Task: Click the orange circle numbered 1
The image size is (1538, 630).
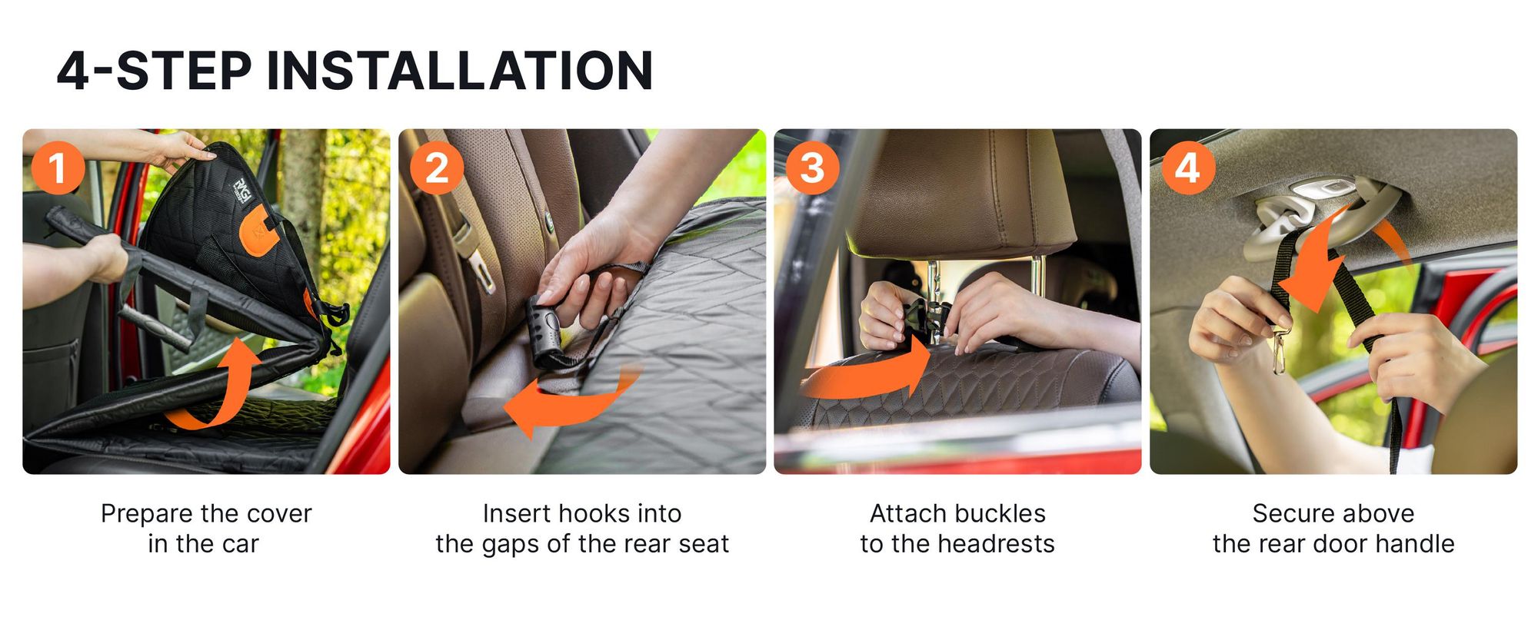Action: point(58,167)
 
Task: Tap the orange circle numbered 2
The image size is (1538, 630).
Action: point(436,167)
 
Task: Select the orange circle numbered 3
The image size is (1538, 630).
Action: point(812,167)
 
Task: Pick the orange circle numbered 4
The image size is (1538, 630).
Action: point(1187,167)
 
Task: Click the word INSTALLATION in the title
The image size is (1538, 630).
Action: point(460,71)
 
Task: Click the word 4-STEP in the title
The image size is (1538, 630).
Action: point(154,71)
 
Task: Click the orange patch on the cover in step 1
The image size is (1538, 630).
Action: point(258,230)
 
